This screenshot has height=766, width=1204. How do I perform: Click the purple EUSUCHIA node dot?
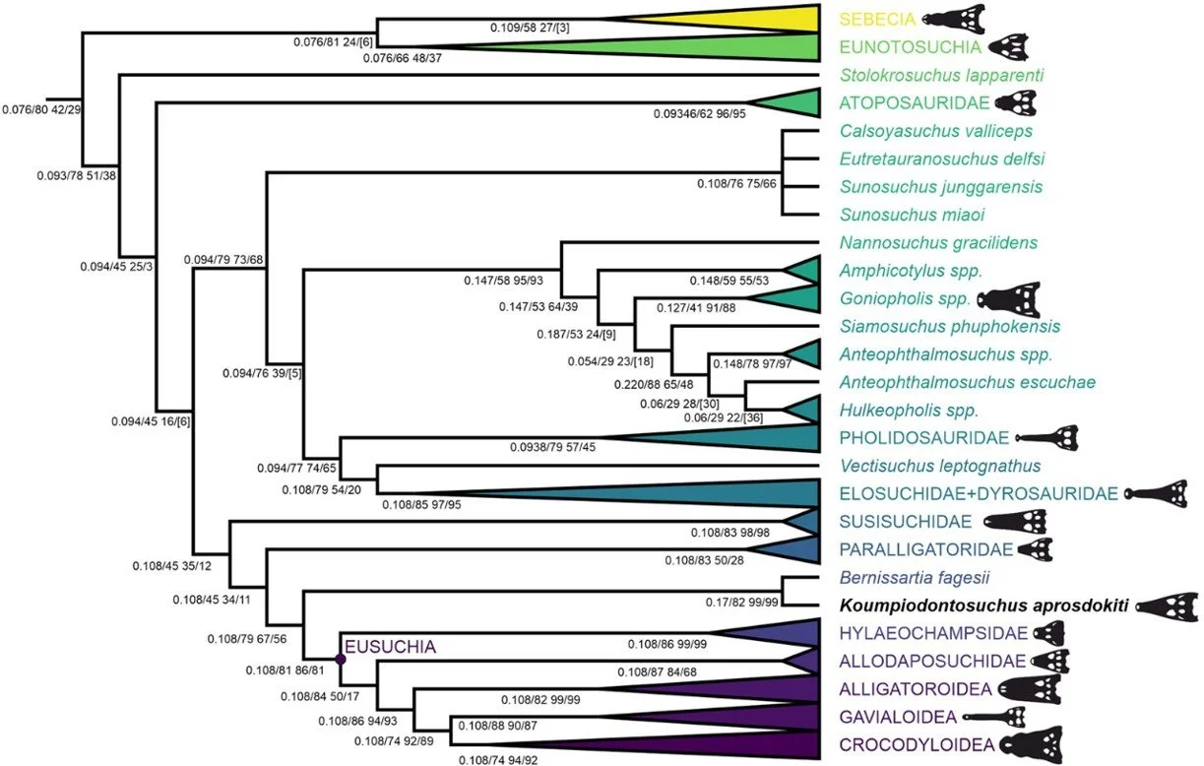click(x=340, y=660)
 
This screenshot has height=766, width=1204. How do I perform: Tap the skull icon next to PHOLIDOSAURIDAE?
click(x=1047, y=436)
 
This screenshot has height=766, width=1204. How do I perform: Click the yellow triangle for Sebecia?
click(x=768, y=19)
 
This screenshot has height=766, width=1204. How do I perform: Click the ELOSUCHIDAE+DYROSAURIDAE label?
click(x=977, y=493)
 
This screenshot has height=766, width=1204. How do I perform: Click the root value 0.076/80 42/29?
click(x=41, y=108)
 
